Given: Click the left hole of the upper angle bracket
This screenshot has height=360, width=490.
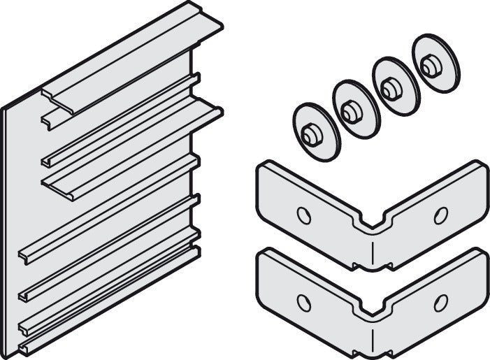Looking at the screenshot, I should tap(303, 215).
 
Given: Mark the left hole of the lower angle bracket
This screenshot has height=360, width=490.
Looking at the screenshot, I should tap(303, 302).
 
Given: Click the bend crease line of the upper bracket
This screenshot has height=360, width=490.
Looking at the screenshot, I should tap(374, 249).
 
